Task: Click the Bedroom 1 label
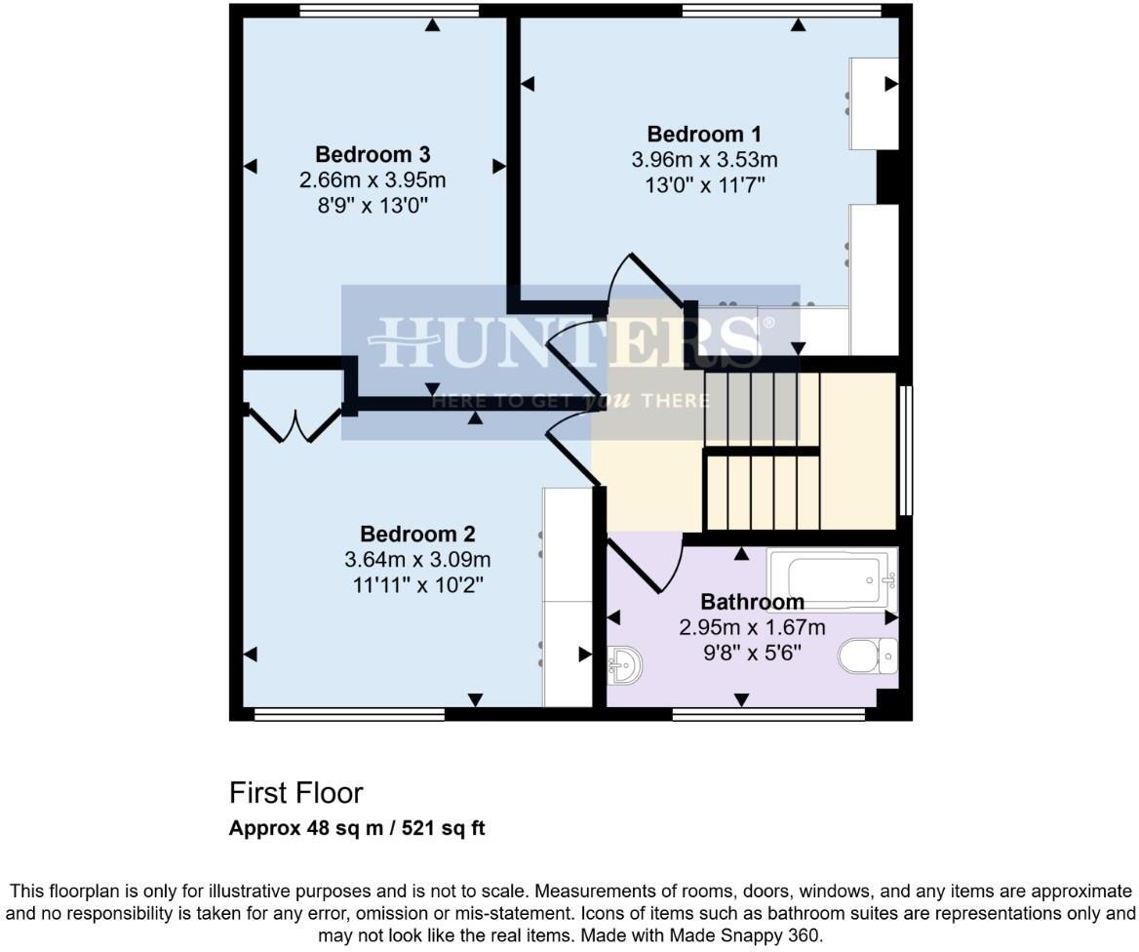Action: click(x=704, y=135)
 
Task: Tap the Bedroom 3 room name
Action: click(x=373, y=154)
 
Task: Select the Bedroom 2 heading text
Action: click(x=417, y=535)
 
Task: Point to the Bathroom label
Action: click(x=752, y=602)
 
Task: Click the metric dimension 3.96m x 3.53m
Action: click(x=704, y=160)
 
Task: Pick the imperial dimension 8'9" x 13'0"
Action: click(x=373, y=205)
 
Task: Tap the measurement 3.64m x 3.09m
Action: click(x=417, y=560)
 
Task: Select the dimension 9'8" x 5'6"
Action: click(x=752, y=653)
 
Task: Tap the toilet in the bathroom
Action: click(x=868, y=655)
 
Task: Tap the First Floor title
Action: click(x=296, y=792)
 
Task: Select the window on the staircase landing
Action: click(x=906, y=451)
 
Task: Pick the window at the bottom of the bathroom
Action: click(x=768, y=715)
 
